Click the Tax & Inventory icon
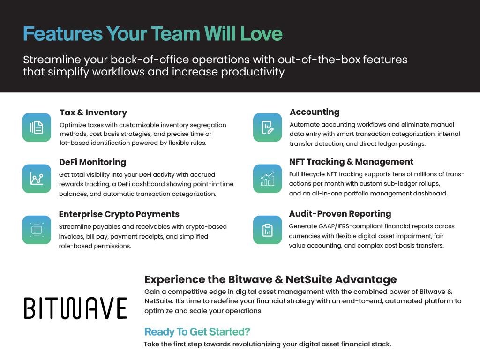tap(37, 127)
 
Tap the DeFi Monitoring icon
tap(37, 179)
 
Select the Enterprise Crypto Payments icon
tap(37, 230)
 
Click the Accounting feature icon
tap(268, 127)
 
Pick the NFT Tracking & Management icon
tap(268, 179)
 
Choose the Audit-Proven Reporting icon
tap(268, 230)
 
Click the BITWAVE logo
tap(75, 308)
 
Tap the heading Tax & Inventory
tap(93, 112)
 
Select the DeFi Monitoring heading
tap(92, 162)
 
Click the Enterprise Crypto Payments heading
tap(119, 214)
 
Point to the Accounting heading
tap(315, 112)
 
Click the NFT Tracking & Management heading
tap(351, 162)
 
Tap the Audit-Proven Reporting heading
tap(340, 214)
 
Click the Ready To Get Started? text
tap(197, 331)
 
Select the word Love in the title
tap(261, 33)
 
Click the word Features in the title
tap(63, 33)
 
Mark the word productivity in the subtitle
tap(253, 72)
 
